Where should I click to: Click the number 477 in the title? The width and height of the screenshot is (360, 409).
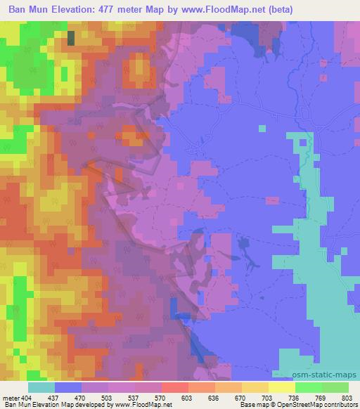click(119, 10)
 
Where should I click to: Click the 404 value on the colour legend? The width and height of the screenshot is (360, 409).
click(27, 397)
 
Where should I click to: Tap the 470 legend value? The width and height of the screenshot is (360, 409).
click(81, 397)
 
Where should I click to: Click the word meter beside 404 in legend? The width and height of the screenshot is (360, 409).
click(11, 397)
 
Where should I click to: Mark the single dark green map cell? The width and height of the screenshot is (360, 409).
click(71, 39)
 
